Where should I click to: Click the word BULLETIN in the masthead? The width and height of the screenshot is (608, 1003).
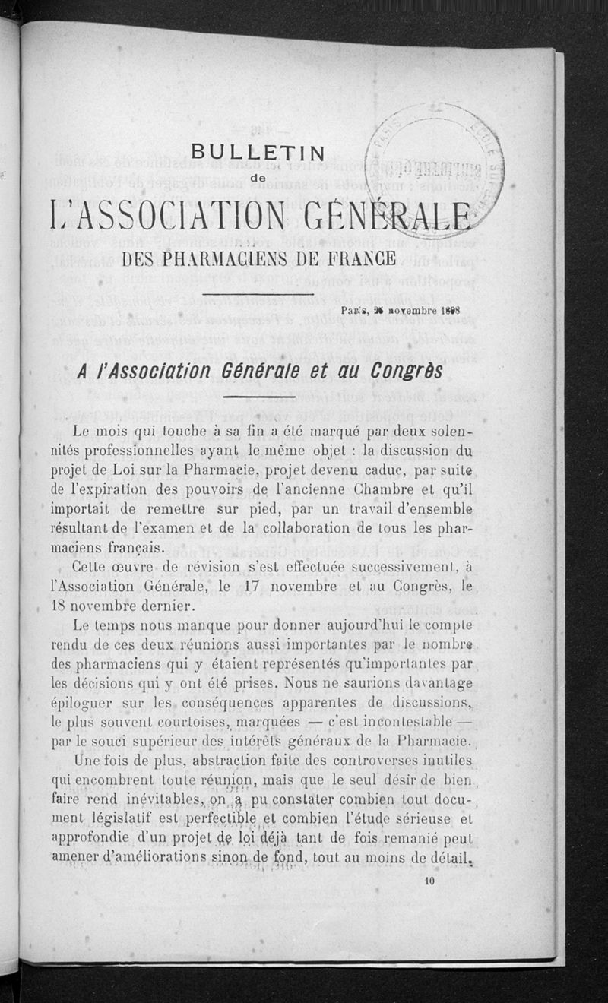[258, 152]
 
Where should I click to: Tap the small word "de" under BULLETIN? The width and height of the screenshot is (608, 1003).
[258, 179]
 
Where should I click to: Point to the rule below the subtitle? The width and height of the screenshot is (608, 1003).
[258, 294]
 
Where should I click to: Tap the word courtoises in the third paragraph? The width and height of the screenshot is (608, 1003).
[180, 720]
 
